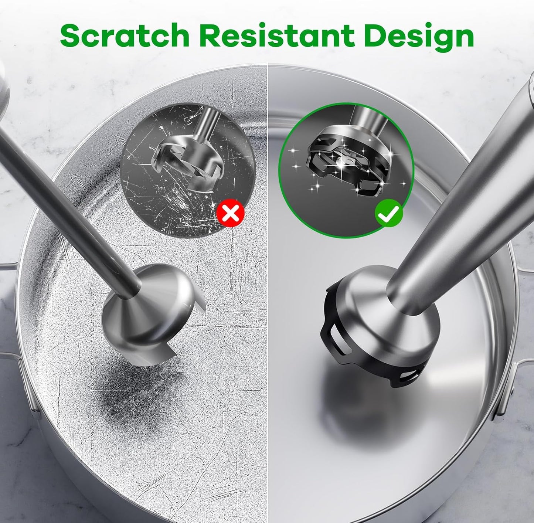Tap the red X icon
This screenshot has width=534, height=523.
tap(230, 213)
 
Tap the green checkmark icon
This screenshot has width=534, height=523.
tap(388, 213)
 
